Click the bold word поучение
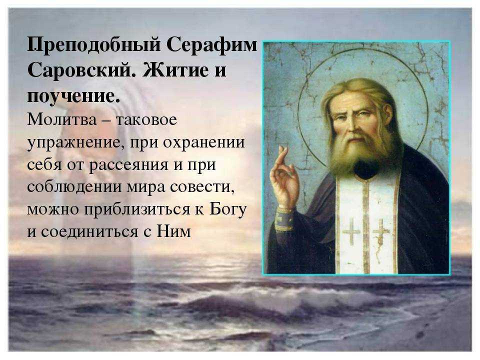[73, 96]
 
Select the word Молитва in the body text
[62, 119]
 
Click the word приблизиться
[136, 210]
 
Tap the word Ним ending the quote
[173, 231]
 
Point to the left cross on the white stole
[351, 231]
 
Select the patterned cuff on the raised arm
[284, 219]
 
